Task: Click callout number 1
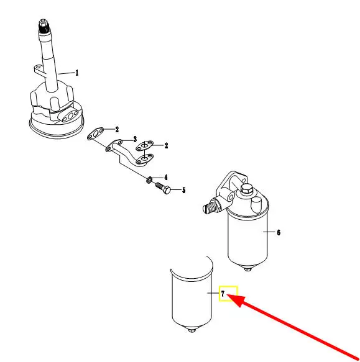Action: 77,73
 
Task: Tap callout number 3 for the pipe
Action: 135,139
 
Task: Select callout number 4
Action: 166,178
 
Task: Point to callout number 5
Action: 184,190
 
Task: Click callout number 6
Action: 279,232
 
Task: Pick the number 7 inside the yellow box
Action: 223,294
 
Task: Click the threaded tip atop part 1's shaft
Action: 44,25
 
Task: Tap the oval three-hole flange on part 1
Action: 70,115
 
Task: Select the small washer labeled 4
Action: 149,179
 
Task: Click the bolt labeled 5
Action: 163,188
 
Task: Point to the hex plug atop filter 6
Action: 246,190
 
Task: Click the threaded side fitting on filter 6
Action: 211,205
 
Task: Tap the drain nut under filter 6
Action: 247,269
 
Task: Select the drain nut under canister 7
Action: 192,330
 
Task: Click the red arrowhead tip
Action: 228,294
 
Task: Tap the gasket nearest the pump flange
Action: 95,133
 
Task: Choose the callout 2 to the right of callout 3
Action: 166,146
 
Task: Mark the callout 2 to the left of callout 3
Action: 117,130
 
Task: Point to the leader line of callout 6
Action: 269,232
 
